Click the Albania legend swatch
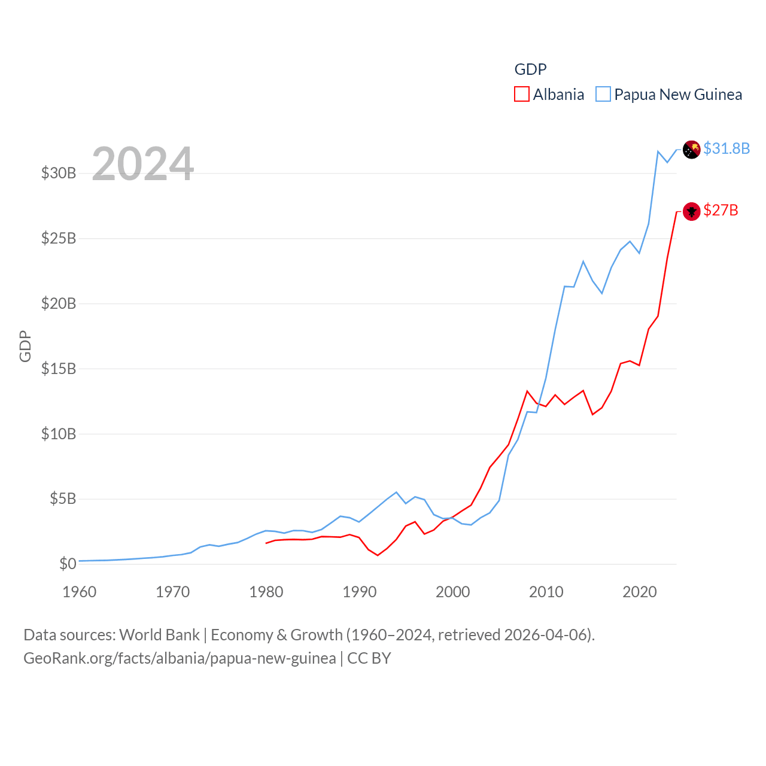pyautogui.click(x=522, y=95)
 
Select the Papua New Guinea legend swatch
pyautogui.click(x=603, y=95)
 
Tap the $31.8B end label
pyautogui.click(x=727, y=148)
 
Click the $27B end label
pyautogui.click(x=721, y=210)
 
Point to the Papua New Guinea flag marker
pyautogui.click(x=692, y=149)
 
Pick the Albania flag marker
pyautogui.click(x=692, y=211)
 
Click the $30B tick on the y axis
pyautogui.click(x=59, y=174)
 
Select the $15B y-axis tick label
pyautogui.click(x=59, y=369)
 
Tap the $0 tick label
pyautogui.click(x=68, y=564)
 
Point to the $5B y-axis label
pyautogui.click(x=63, y=498)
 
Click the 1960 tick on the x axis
pyautogui.click(x=80, y=592)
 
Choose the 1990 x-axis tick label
pyautogui.click(x=360, y=592)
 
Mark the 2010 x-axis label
pyautogui.click(x=546, y=592)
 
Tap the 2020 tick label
pyautogui.click(x=640, y=592)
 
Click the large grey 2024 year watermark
pyautogui.click(x=143, y=164)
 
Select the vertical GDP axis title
pyautogui.click(x=25, y=346)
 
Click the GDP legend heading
pyautogui.click(x=531, y=69)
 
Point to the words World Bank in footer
pyautogui.click(x=159, y=634)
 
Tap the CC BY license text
pyautogui.click(x=369, y=658)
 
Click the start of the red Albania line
pyautogui.click(x=266, y=543)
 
